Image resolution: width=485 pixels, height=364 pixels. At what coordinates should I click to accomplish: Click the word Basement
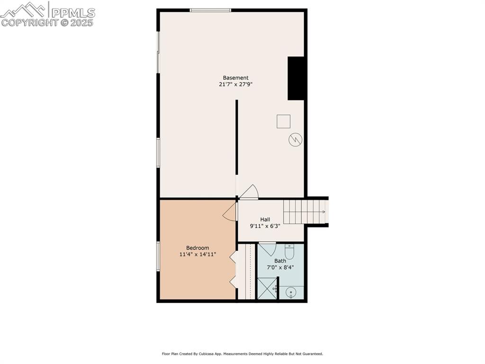pos(236,78)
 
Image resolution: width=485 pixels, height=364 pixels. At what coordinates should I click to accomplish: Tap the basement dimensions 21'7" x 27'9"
pos(236,84)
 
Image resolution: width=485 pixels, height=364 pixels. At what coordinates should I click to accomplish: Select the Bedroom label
pos(198,248)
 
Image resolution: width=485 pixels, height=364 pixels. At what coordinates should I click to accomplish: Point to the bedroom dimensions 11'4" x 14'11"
pos(198,255)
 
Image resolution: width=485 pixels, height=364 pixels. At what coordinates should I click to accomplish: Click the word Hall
pos(265,219)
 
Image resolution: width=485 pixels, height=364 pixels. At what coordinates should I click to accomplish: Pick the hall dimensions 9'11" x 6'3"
pos(265,226)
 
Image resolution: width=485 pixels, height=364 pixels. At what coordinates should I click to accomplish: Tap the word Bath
pos(280,261)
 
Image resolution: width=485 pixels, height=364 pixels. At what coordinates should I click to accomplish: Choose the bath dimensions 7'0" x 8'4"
pos(280,267)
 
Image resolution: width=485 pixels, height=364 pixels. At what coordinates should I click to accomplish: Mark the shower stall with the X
pos(267,289)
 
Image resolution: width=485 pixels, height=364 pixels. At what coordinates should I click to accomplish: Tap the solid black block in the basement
pos(296,79)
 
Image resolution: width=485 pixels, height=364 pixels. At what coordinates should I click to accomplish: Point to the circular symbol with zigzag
pos(296,139)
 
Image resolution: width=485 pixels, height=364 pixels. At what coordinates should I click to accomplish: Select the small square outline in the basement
pos(283,121)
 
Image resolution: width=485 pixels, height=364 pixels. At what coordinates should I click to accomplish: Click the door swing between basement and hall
pos(249,192)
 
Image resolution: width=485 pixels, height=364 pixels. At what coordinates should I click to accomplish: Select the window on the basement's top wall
pos(210,10)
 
